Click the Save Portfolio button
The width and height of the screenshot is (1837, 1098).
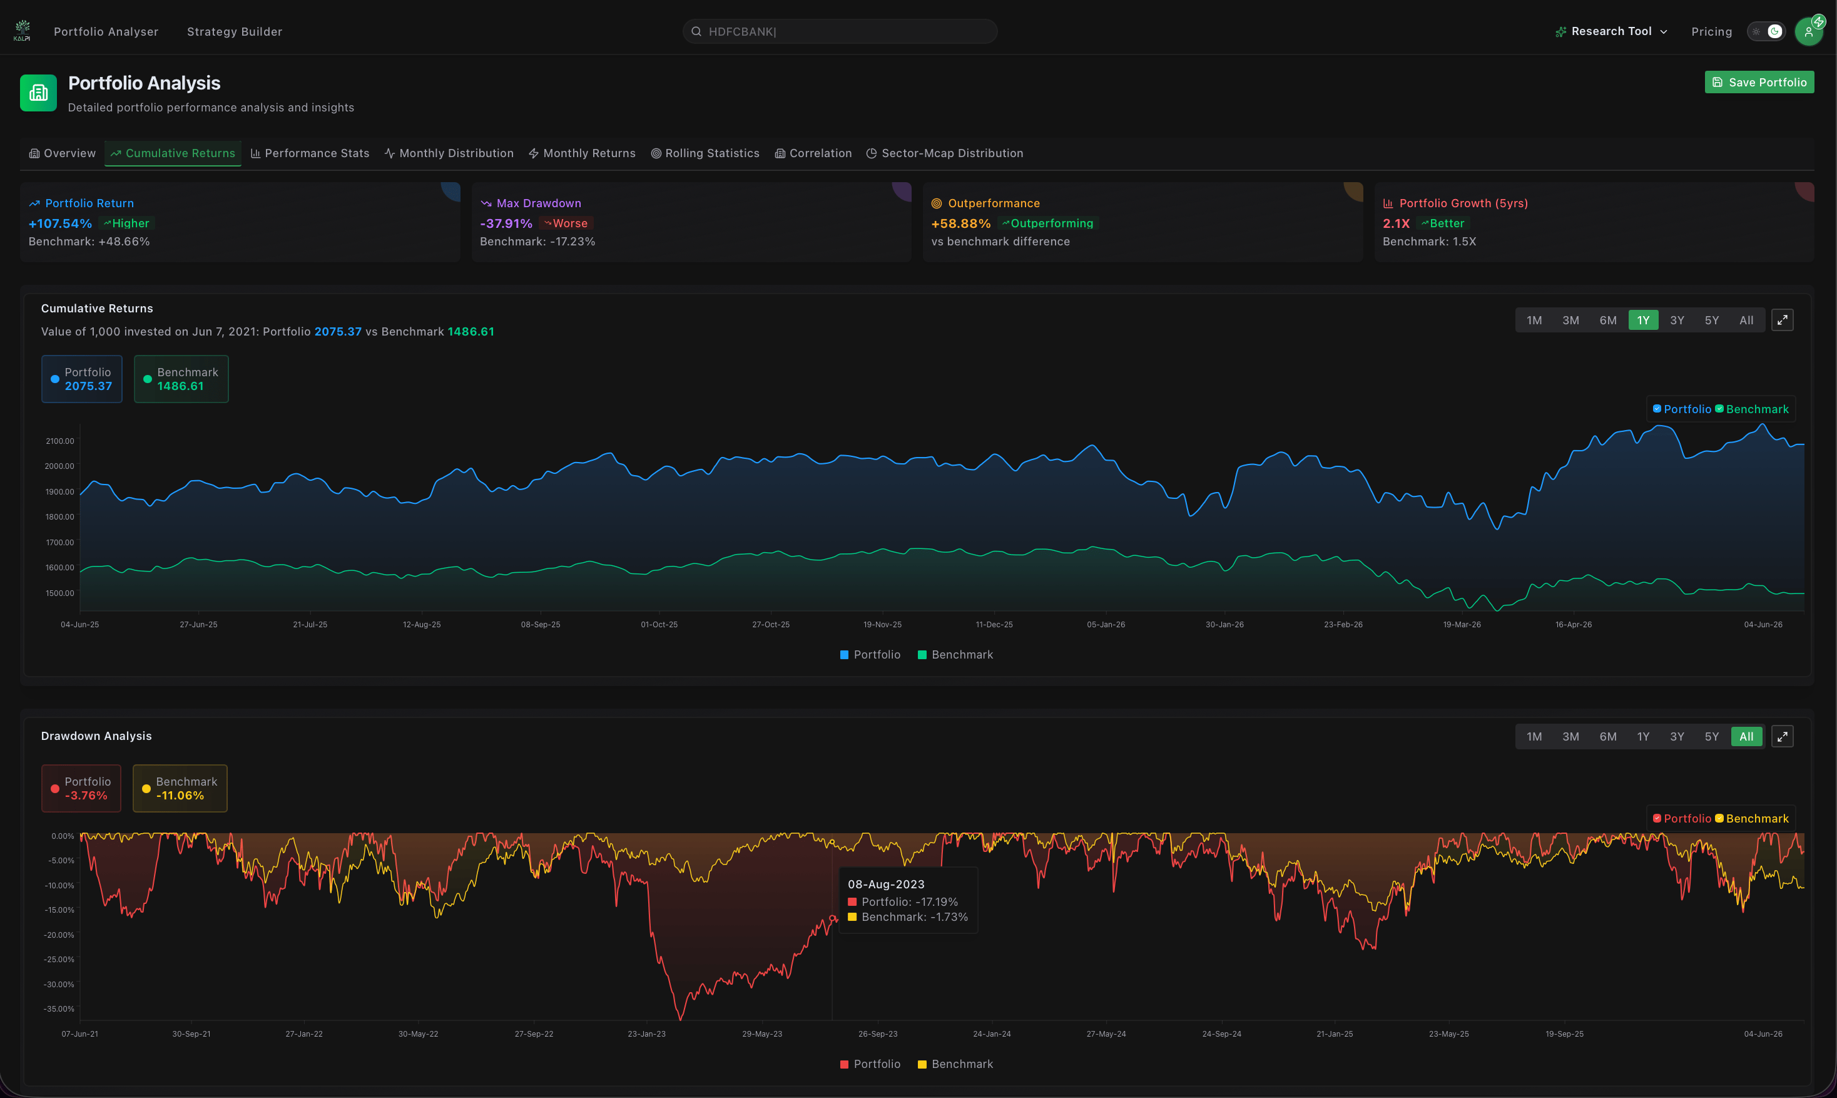[x=1759, y=82]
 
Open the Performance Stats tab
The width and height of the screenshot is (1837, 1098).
[x=310, y=153]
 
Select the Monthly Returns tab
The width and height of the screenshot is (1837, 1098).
[x=582, y=153]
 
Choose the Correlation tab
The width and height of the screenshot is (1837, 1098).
[x=813, y=153]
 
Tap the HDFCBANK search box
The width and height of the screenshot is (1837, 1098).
[x=840, y=31]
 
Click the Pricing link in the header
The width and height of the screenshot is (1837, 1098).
[x=1711, y=32]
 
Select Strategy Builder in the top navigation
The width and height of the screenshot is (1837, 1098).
[x=235, y=32]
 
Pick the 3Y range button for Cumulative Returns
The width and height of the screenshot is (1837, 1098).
[x=1677, y=321]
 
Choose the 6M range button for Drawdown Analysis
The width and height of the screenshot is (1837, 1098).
[x=1608, y=736]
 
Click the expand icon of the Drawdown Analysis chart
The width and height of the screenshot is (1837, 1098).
[x=1783, y=736]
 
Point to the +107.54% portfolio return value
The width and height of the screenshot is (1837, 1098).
[x=60, y=223]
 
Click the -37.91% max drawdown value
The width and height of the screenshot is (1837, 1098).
[x=506, y=223]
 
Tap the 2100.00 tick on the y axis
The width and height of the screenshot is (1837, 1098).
[x=60, y=441]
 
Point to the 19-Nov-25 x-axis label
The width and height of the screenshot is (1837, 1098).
[x=882, y=625]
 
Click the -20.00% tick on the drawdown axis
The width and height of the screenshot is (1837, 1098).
[x=59, y=935]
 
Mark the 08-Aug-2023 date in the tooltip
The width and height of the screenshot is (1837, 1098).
[x=886, y=884]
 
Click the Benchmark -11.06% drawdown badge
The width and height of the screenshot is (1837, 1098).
[x=180, y=788]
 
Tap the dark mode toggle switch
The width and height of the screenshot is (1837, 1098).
[x=1766, y=31]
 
